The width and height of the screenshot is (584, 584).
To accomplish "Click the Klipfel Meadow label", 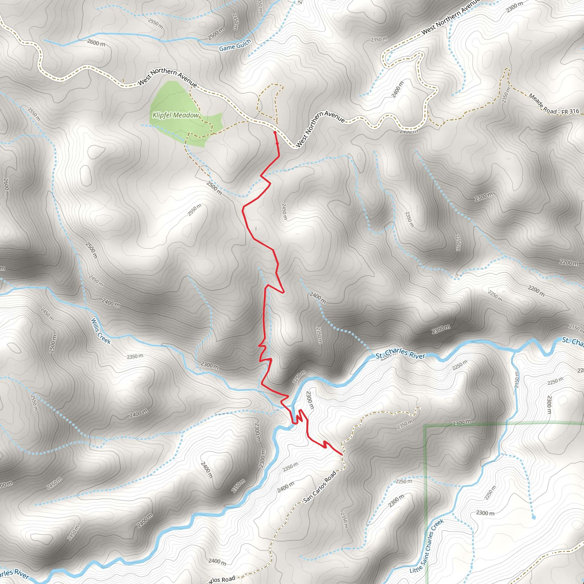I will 176,115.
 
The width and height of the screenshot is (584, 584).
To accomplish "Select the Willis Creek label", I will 101,331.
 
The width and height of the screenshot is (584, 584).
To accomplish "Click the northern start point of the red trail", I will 275,132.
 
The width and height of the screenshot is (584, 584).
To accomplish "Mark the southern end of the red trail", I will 342,454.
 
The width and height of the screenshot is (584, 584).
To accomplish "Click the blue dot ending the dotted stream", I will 534,518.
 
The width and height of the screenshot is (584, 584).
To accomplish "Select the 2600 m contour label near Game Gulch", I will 96,43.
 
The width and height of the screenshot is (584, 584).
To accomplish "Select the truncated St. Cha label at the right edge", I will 573,341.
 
